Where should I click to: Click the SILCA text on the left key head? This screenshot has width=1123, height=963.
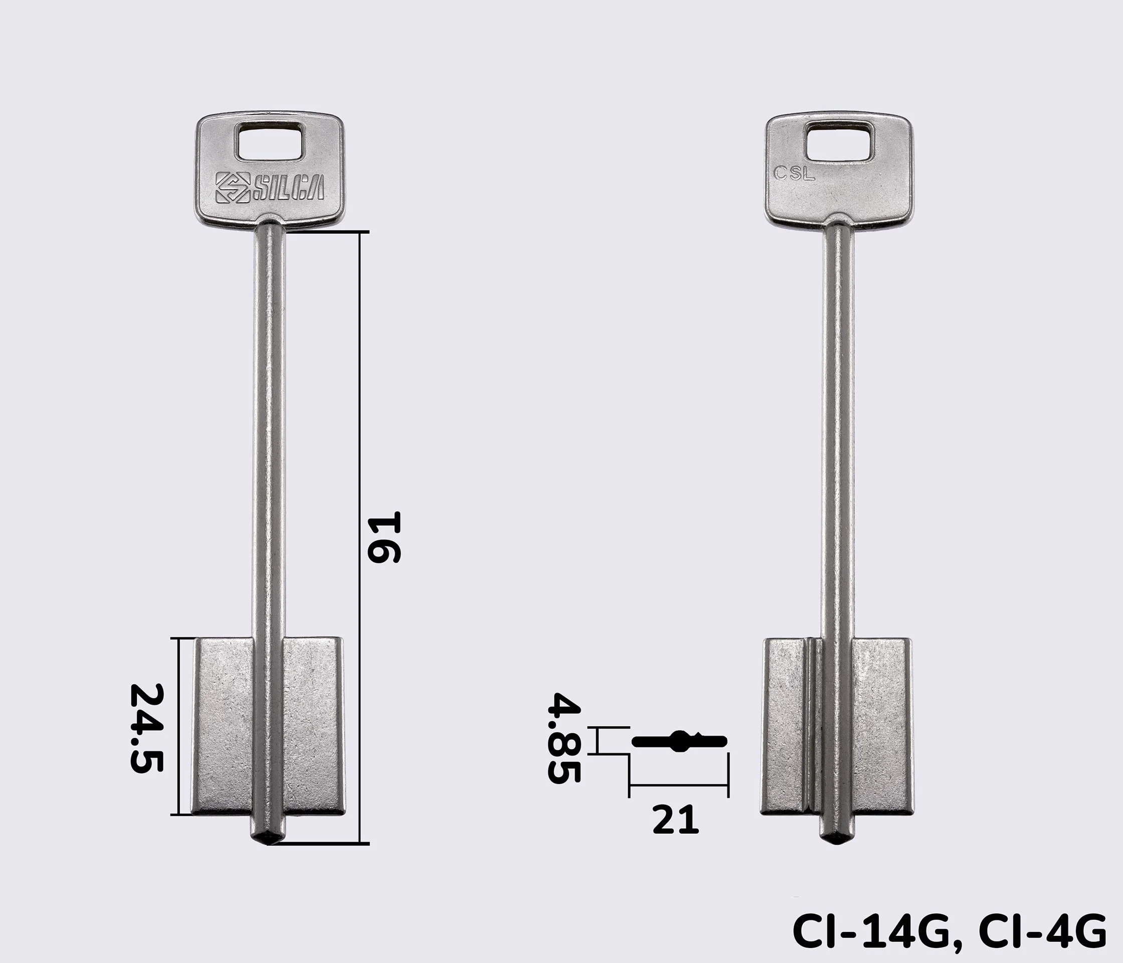(287, 188)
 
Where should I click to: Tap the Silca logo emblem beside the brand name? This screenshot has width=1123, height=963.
(232, 188)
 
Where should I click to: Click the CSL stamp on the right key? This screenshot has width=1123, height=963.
(794, 174)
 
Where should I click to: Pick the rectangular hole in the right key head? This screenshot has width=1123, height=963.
(840, 142)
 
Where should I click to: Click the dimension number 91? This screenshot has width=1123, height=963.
(384, 537)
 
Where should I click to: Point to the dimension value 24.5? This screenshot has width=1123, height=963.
(146, 728)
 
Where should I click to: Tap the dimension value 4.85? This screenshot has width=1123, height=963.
(564, 737)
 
